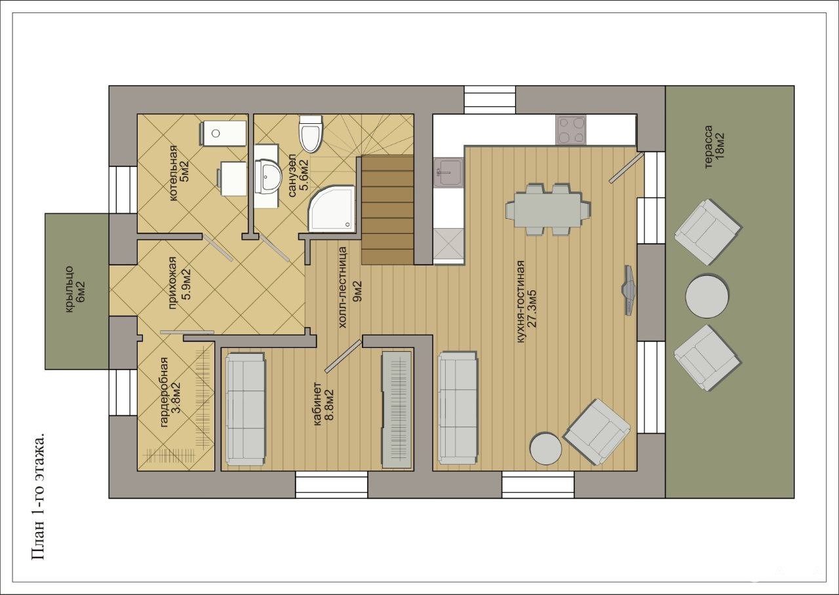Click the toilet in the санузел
point(311,134)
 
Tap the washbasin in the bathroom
point(268,176)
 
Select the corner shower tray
point(331,208)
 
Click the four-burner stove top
point(571,130)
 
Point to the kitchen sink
point(449,172)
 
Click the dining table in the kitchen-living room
point(548,209)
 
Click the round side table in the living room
point(545,449)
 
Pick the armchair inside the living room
point(597,432)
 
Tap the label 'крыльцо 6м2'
point(75,289)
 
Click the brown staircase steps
point(387,210)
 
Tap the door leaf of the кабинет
point(343,356)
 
